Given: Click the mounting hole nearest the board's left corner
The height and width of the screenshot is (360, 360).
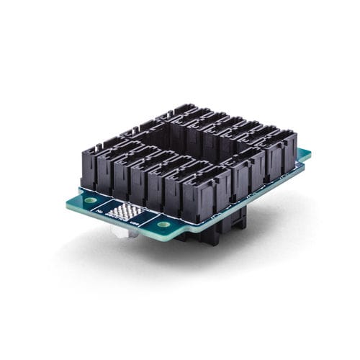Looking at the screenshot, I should coord(91,199).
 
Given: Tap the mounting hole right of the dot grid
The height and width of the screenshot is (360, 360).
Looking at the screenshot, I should coord(163,224).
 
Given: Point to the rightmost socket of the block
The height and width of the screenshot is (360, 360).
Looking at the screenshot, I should coord(283,153).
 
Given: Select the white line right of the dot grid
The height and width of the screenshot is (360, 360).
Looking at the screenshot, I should coord(149,220).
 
